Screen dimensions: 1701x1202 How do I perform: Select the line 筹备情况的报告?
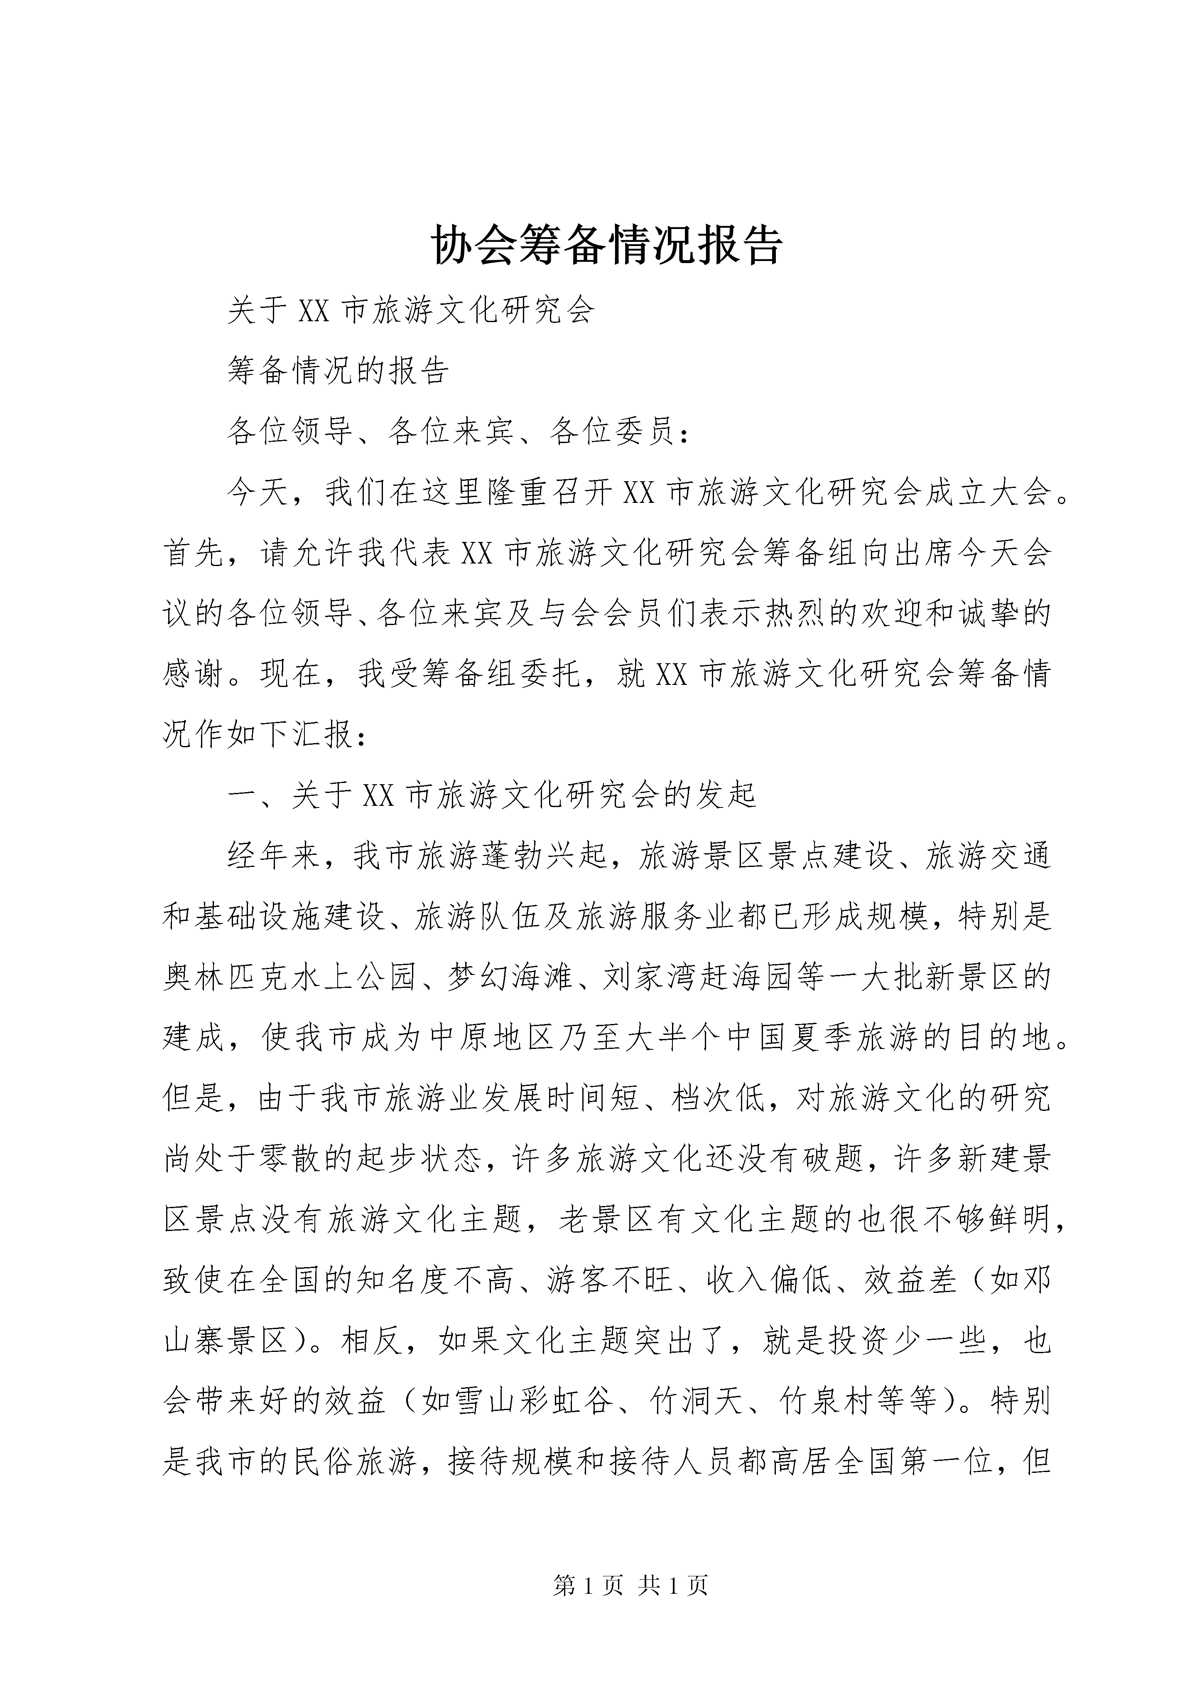[338, 370]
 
